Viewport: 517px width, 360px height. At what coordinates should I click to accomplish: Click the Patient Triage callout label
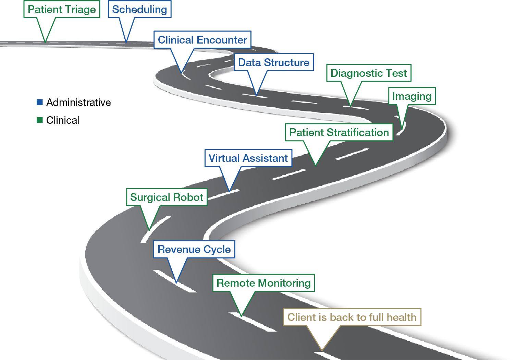62,10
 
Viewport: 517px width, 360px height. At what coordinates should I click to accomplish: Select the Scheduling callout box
139,10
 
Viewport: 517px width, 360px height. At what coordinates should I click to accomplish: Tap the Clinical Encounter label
202,40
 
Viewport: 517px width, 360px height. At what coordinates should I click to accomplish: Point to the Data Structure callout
273,63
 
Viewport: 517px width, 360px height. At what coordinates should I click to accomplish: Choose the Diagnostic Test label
369,73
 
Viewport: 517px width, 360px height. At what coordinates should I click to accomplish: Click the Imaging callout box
412,96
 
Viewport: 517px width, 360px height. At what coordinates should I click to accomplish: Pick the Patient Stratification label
339,133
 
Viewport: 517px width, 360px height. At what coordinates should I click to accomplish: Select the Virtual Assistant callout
248,158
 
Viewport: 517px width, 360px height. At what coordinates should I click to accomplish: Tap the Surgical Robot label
167,197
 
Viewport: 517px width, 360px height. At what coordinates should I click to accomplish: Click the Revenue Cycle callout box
194,250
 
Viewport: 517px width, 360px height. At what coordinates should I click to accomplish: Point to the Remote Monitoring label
263,283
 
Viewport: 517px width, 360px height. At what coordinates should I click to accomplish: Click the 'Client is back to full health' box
352,317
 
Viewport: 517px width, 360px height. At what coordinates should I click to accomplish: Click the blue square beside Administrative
40,102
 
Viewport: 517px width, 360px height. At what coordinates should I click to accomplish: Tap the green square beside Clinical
40,120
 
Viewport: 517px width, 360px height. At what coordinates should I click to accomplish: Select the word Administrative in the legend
78,103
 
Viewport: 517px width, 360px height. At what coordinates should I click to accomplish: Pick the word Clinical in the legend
63,120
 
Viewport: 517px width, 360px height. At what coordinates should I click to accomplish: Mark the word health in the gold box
401,317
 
